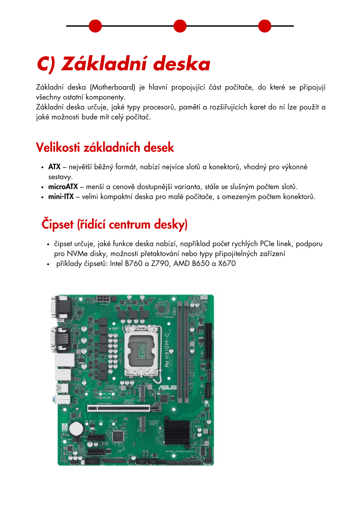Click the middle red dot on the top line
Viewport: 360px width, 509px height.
tap(180, 26)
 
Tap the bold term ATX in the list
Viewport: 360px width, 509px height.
tap(54, 167)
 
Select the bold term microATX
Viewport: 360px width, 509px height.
tap(63, 187)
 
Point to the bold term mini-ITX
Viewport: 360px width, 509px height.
tap(61, 197)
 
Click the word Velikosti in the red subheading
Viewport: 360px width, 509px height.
tap(58, 148)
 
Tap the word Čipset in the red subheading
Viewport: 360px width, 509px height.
tap(58, 224)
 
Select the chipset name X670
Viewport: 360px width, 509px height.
tap(227, 263)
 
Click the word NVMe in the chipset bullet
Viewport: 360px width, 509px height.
tap(77, 254)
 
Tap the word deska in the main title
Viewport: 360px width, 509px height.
tap(182, 64)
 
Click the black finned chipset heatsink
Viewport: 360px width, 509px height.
tap(177, 432)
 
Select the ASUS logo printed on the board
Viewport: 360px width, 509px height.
tap(168, 387)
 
